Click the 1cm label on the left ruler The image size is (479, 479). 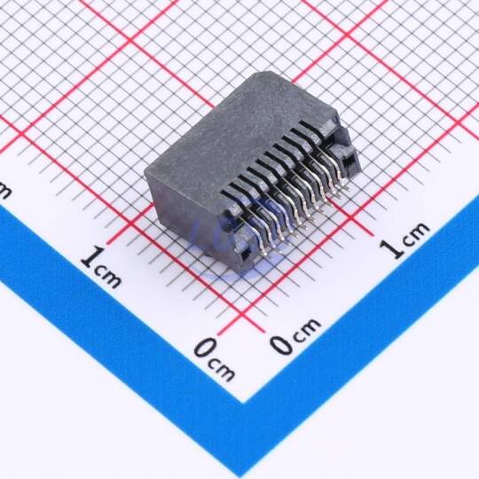point(101,267)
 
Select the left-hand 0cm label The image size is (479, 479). point(215,360)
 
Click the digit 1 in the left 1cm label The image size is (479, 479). point(90,258)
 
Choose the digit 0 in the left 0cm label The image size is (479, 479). point(204,349)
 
